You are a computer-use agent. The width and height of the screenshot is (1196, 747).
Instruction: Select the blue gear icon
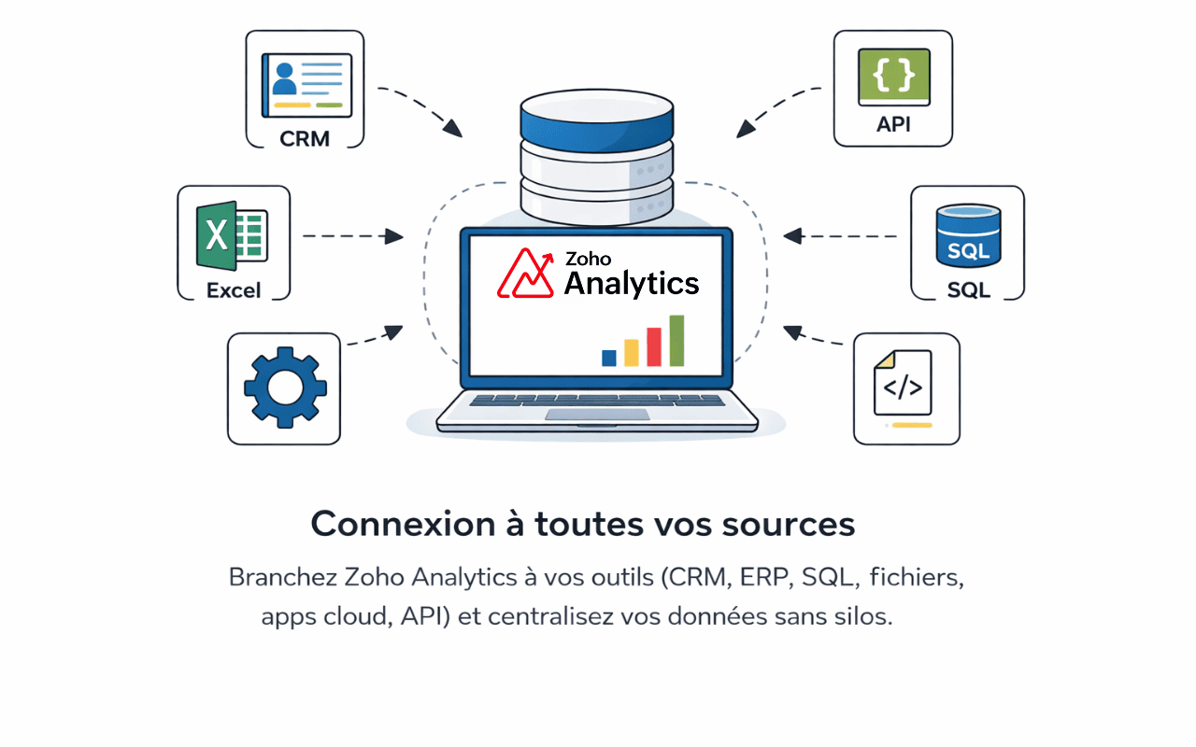[284, 388]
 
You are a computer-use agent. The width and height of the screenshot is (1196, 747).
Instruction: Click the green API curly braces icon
[893, 76]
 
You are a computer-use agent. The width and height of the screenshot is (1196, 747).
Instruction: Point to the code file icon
[902, 382]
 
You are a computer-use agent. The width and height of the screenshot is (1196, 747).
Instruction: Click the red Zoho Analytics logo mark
[525, 273]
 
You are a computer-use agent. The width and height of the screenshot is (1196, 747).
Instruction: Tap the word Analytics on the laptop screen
[632, 283]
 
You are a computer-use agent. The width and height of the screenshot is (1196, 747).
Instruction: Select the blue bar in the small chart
[609, 357]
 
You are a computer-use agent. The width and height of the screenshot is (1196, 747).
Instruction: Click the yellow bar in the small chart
[632, 352]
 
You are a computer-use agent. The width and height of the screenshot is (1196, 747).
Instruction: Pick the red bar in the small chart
[654, 346]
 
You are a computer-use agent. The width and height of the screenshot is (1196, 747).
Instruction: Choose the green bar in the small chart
[676, 341]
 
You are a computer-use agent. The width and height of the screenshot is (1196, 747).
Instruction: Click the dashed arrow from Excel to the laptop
[352, 236]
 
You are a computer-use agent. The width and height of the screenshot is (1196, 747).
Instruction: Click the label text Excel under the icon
[234, 290]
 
